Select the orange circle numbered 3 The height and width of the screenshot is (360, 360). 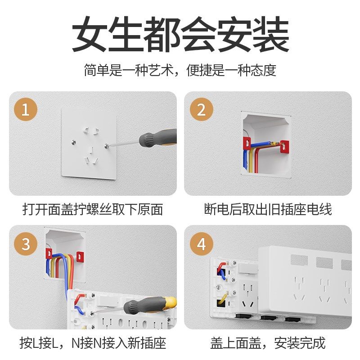26,244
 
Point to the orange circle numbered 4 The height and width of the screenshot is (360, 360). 201,244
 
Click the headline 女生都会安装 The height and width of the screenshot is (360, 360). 180,35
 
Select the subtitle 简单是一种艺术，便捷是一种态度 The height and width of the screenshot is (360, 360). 180,71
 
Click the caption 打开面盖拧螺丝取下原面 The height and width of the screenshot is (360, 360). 93,209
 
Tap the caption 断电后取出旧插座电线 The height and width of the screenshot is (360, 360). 268,209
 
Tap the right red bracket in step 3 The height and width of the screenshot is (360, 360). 80,256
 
